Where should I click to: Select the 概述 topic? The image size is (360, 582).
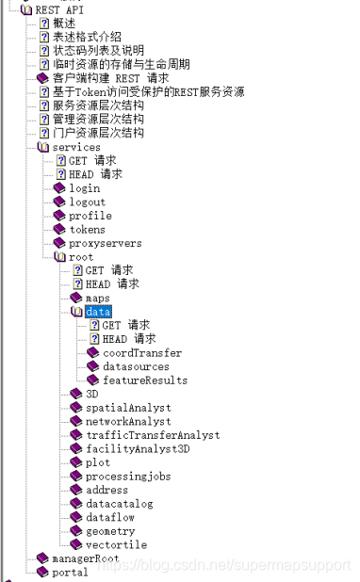coord(65,23)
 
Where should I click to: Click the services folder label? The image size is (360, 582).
coord(76,147)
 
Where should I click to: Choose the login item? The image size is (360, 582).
coord(84,188)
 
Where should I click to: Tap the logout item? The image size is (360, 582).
coord(87,202)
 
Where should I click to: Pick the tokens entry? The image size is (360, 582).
coord(87,229)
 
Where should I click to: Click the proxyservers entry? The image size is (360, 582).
coord(105,243)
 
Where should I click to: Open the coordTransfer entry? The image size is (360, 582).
coord(142,353)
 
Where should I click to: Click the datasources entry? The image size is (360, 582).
coord(136,366)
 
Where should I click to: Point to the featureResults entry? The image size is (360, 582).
coord(145,380)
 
